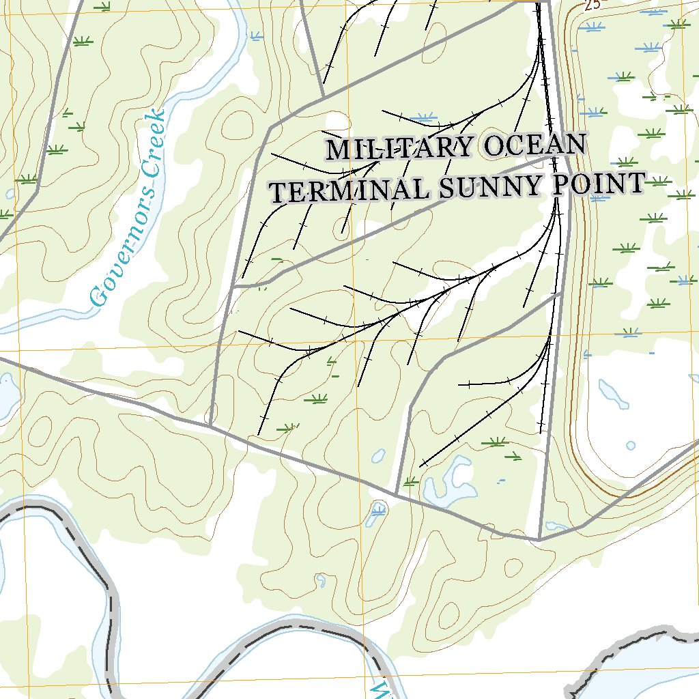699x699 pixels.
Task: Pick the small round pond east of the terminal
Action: tap(630, 446)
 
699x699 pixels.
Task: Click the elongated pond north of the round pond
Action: tap(611, 394)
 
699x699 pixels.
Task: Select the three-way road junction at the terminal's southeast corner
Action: tap(539, 539)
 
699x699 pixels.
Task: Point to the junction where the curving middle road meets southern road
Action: tap(397, 495)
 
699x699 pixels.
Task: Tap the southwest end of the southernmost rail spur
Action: tap(420, 466)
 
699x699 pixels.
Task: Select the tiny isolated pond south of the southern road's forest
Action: tap(321, 581)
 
